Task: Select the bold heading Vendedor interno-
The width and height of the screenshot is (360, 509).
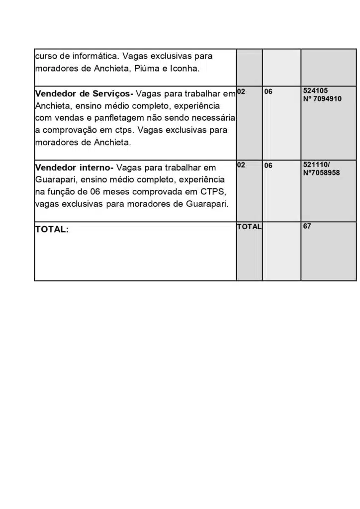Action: point(74,168)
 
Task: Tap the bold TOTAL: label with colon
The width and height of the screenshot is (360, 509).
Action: point(52,230)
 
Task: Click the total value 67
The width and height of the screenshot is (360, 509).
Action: point(307,226)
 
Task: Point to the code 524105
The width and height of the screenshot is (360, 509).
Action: point(315,91)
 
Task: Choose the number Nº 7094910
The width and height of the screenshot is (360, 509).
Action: point(322,99)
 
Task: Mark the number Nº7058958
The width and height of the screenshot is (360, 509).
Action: point(321,172)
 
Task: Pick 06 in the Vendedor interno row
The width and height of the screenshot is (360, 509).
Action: point(268,166)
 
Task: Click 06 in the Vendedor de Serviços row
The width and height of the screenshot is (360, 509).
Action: point(268,92)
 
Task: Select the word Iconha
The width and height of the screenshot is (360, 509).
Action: point(185,69)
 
